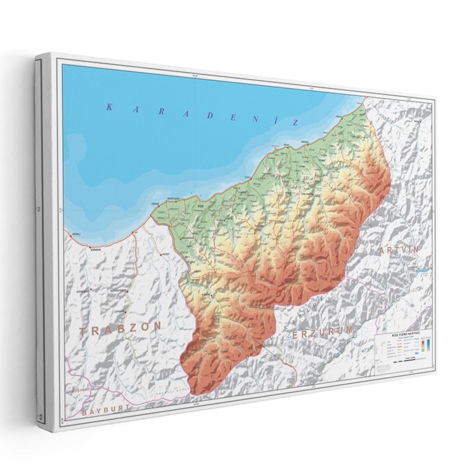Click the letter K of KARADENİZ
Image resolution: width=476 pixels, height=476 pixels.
[109, 107]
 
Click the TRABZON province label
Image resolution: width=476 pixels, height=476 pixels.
[121, 328]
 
